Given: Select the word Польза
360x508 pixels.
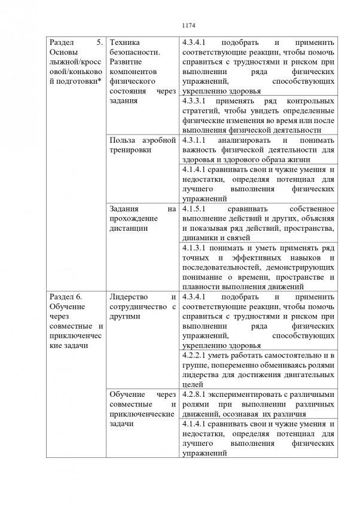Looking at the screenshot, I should [124, 140].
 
